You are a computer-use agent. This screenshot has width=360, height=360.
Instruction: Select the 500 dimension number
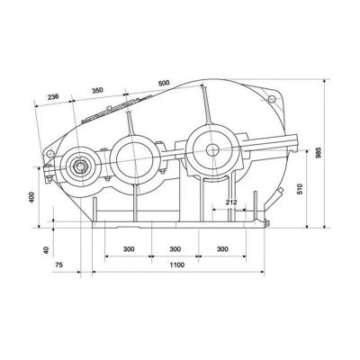click(163, 83)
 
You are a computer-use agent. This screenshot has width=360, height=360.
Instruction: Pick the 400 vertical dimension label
click(32, 198)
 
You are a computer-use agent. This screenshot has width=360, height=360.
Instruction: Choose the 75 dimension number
click(59, 266)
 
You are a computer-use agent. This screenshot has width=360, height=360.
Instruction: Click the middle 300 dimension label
click(176, 247)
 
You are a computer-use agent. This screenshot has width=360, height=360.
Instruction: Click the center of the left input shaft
click(81, 166)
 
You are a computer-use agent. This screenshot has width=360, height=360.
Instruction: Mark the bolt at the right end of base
click(265, 223)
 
